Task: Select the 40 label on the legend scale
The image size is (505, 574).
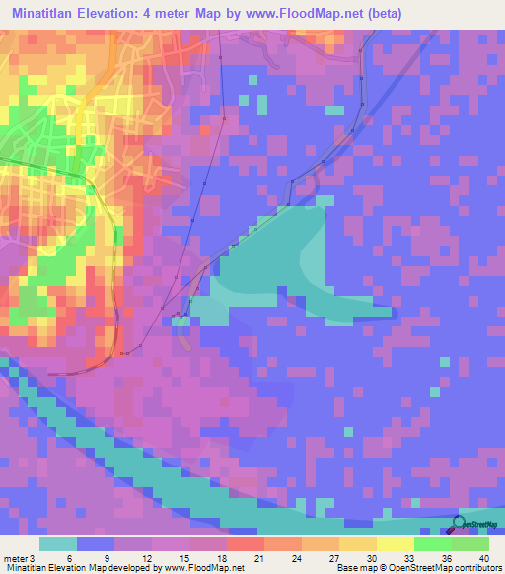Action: point(483,557)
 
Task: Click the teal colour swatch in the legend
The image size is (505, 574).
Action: point(58,543)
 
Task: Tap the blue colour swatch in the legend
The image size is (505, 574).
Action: point(96,543)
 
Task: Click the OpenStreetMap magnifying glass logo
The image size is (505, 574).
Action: point(461,526)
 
